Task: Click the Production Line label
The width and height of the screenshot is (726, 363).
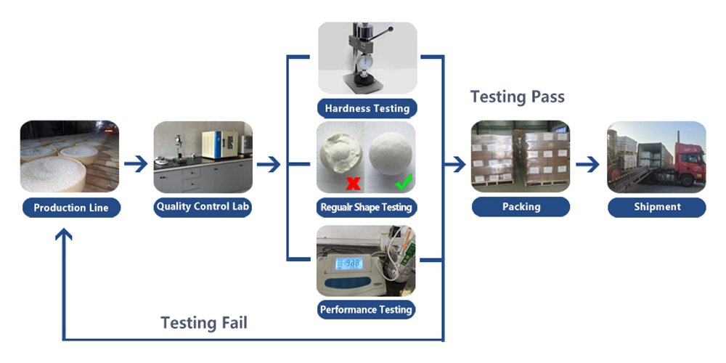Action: (x=70, y=208)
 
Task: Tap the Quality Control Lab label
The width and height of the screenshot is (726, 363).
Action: (x=203, y=207)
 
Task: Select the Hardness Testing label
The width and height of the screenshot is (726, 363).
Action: (x=367, y=108)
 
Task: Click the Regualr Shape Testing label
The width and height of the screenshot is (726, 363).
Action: (x=367, y=207)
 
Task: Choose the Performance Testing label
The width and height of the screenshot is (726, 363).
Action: (x=367, y=309)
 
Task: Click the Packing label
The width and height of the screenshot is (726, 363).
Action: (x=521, y=207)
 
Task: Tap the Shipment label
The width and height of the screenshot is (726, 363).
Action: (x=656, y=207)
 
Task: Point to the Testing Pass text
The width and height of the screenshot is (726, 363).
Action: (x=517, y=97)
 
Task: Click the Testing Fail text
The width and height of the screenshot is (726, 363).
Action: (x=203, y=322)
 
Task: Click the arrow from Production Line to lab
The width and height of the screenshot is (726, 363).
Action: (x=136, y=165)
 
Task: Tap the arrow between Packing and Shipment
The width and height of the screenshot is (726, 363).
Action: (x=588, y=165)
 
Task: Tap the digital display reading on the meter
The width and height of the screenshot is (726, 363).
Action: (x=352, y=263)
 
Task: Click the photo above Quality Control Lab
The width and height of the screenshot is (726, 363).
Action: (x=203, y=157)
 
